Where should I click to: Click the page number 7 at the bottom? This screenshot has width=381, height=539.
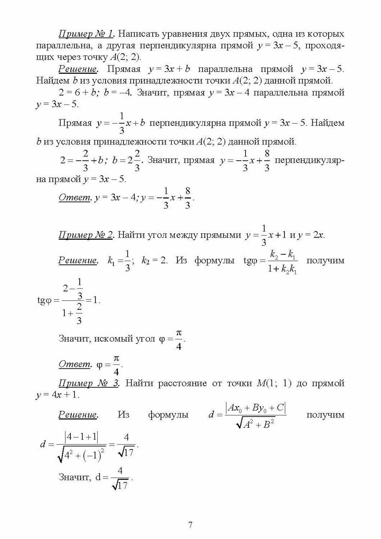[190, 525]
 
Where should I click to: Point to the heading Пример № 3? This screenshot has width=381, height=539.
[89, 383]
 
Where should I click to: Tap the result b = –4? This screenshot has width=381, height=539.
[117, 93]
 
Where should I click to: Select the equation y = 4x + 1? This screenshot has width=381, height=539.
[57, 395]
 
